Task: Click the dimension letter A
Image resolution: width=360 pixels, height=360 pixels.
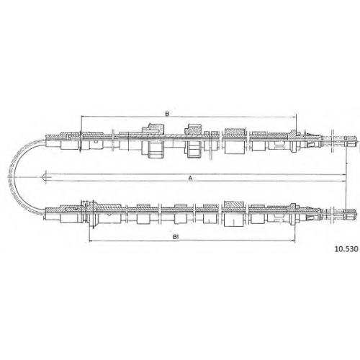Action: [190, 178]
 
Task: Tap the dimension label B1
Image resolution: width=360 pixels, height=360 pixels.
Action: [176, 237]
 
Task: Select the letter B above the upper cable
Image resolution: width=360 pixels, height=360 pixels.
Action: [167, 114]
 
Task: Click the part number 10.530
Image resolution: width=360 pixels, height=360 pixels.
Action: [346, 249]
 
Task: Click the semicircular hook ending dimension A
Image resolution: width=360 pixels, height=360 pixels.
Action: [45, 178]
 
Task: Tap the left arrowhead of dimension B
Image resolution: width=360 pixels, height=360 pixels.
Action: [84, 117]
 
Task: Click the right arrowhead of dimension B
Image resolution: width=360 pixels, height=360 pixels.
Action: [294, 117]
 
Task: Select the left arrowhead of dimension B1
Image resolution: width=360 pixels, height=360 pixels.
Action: [91, 240]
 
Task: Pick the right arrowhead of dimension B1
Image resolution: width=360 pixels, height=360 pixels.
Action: [293, 240]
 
